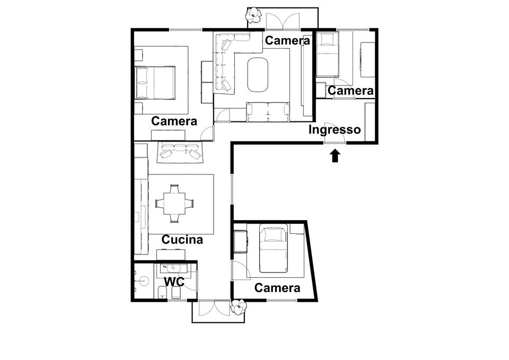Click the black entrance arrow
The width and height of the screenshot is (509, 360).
335,156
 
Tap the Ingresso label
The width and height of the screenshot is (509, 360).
335,129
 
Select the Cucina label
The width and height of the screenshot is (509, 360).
182,240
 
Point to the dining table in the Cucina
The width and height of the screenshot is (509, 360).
174,203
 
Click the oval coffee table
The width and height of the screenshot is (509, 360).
258,73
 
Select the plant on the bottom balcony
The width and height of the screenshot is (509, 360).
239,306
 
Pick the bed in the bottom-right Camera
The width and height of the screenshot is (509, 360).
274,247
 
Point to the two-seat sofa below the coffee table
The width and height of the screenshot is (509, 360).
268,111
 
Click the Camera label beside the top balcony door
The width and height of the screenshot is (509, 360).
287,40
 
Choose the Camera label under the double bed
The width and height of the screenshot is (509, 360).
174,121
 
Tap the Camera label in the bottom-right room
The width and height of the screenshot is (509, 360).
277,288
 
